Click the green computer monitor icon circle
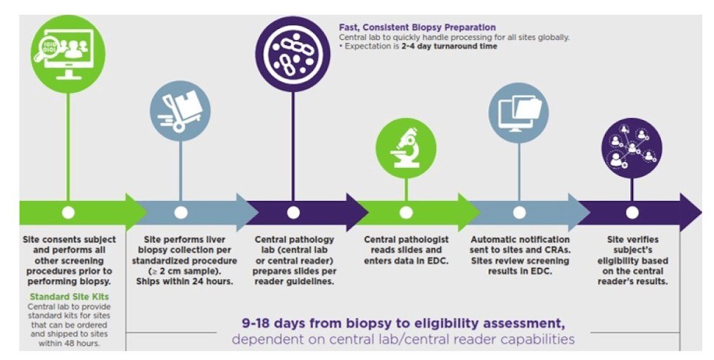coord(68,53)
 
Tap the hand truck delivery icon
coord(180,111)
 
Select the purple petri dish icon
coord(293,54)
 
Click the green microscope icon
coord(406,148)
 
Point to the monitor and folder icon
coord(518,113)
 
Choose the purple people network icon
coord(632,148)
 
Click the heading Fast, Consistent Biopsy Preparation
coord(417,27)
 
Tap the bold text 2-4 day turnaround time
coord(449,46)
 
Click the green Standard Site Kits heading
coord(69,297)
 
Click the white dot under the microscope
coord(406,212)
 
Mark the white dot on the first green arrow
coord(68,212)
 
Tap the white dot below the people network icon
coord(632,212)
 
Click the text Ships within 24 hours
coord(184,282)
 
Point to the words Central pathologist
coord(406,239)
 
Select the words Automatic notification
coord(520,239)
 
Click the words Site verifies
coord(632,239)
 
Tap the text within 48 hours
coord(69,343)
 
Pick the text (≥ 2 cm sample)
coord(184,271)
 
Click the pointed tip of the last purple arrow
coord(701,212)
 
